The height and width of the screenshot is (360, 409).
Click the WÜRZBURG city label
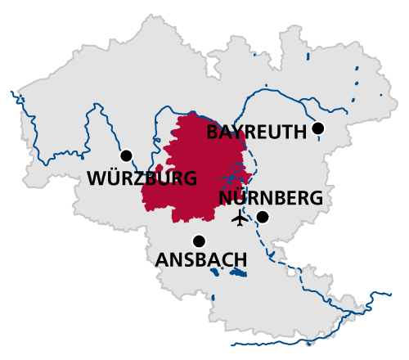click(142, 178)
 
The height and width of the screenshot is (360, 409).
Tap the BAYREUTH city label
click(256, 132)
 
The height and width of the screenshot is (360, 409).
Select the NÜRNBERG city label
click(271, 198)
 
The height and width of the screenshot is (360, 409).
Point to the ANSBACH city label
click(201, 260)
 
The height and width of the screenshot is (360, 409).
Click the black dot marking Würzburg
click(126, 155)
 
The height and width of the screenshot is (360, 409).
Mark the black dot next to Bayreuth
click(318, 128)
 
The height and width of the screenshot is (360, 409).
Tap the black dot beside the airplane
click(263, 217)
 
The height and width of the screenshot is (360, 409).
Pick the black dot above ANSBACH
click(199, 241)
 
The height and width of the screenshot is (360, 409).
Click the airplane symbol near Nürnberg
click(240, 218)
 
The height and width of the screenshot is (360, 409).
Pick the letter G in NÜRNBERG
click(315, 198)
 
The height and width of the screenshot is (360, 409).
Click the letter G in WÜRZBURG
click(189, 178)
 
